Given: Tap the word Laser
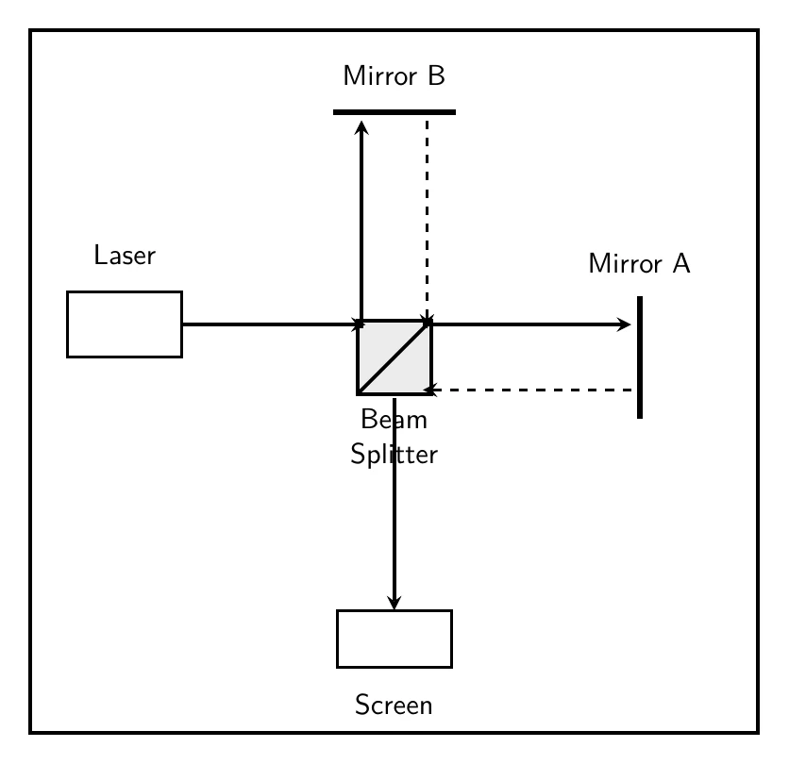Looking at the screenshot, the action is (125, 255).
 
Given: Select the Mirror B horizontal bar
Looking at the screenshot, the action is (394, 112).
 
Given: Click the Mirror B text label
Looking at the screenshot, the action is (394, 76).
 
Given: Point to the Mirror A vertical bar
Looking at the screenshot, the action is (640, 357).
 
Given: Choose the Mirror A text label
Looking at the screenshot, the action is (639, 263).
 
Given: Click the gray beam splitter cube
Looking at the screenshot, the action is (394, 357).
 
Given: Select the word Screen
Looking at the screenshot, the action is (394, 705).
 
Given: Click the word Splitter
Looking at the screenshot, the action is (394, 455).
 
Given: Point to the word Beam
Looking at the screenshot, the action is (394, 420).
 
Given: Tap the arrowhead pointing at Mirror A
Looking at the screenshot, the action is (624, 324).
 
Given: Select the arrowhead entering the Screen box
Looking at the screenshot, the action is (394, 603).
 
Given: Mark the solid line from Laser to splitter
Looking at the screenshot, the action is (270, 324).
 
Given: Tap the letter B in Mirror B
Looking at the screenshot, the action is (437, 76).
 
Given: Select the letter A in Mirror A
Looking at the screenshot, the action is (681, 263).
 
